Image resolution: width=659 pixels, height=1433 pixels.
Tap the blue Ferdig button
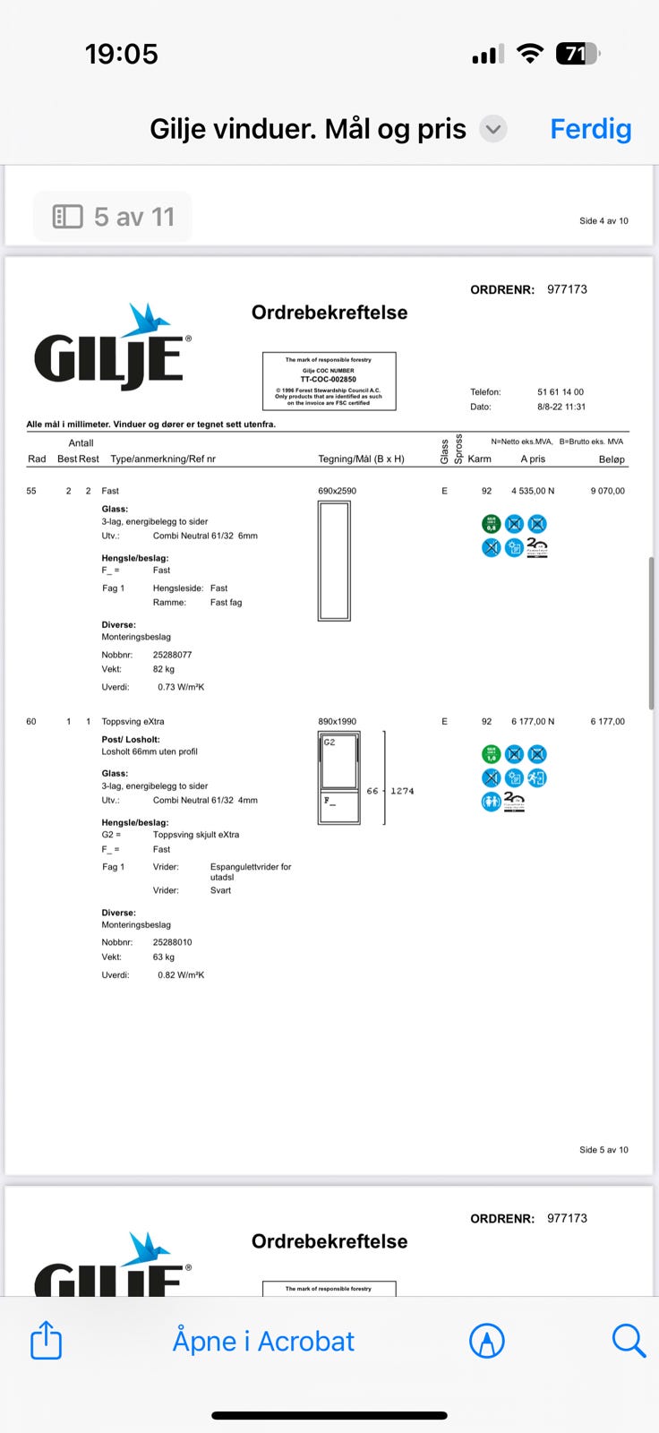tap(590, 129)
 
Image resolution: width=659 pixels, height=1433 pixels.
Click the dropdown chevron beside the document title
tap(492, 129)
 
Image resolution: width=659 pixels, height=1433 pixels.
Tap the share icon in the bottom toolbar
tap(47, 1341)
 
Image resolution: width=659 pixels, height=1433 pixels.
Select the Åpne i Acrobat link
tap(263, 1341)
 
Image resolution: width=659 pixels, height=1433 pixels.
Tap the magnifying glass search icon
tap(628, 1341)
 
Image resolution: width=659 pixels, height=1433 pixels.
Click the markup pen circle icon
tap(487, 1341)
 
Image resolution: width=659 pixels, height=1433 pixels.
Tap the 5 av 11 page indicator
tap(114, 217)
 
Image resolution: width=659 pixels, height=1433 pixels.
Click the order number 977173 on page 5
tap(567, 289)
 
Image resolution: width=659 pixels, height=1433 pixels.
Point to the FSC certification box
tap(329, 381)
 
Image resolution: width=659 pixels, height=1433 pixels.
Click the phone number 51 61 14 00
tap(561, 392)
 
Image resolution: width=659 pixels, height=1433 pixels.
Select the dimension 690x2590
tap(337, 491)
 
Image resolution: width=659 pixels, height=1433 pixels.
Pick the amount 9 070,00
tap(607, 491)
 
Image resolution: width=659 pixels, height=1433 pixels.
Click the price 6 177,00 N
tap(533, 721)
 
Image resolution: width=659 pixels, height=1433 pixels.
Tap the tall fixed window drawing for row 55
tap(334, 561)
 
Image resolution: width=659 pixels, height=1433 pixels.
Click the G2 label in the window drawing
tap(329, 742)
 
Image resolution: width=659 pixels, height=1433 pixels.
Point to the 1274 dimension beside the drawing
tap(402, 791)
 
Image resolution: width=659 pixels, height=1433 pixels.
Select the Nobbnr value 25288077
tap(172, 655)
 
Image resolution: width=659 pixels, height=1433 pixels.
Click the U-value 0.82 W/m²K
tap(181, 974)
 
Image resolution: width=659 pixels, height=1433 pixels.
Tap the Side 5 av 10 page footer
tap(603, 1149)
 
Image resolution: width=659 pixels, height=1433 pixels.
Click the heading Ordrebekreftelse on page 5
tap(329, 313)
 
